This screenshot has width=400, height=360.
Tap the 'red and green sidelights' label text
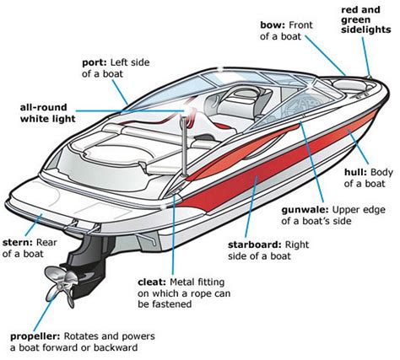(365, 19)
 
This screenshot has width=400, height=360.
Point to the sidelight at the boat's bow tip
(368, 79)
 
